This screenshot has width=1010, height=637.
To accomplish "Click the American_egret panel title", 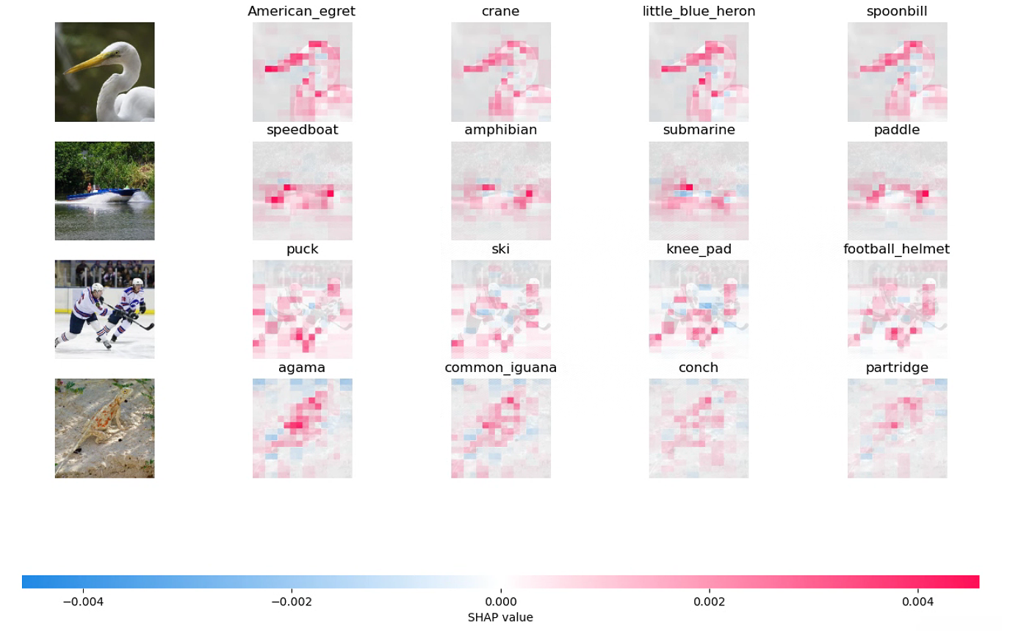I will (302, 11).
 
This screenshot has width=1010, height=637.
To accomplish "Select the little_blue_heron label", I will (699, 11).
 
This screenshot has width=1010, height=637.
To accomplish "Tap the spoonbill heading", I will (897, 11).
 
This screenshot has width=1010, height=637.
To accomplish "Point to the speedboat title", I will (302, 130).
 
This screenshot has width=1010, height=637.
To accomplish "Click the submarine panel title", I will (699, 130).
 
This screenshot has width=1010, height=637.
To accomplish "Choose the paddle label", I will (897, 130).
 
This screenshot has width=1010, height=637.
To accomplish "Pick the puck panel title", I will (302, 249).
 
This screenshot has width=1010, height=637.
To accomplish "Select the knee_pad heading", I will (699, 249).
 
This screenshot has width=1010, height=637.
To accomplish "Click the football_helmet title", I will (897, 249).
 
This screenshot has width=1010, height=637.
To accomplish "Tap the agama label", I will (302, 367).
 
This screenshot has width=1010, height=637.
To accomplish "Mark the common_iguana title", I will (500, 367).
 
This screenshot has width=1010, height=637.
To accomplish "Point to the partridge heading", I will (897, 367).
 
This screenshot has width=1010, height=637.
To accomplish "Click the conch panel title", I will (699, 367).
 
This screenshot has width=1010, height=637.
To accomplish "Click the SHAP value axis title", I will (500, 617).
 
